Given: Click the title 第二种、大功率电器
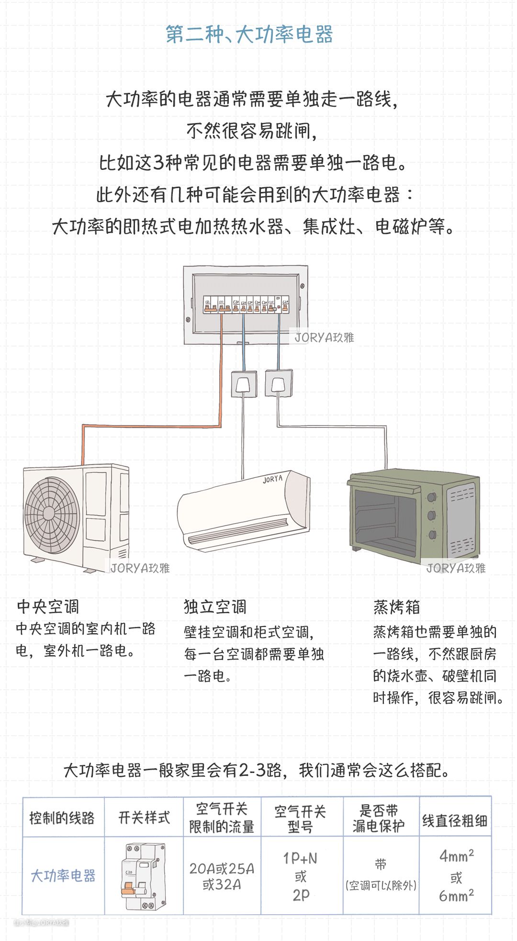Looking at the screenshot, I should click(249, 34).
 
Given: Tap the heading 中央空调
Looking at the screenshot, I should click(48, 606).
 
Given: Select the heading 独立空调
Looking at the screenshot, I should click(215, 606).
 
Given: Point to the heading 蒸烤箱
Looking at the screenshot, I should click(396, 607).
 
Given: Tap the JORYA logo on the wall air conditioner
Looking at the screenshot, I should click(272, 479).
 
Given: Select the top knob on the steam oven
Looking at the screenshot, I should click(432, 497).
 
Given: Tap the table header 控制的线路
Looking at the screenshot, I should click(62, 818).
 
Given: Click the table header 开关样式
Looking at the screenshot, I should click(144, 818).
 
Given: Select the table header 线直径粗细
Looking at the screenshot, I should click(455, 820).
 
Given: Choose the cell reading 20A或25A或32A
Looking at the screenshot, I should click(222, 876).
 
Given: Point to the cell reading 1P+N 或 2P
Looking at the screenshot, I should click(301, 876).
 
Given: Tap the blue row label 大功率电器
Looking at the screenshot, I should click(63, 876).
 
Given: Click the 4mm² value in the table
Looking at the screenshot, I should click(456, 856).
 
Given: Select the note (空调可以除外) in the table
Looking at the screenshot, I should click(381, 885).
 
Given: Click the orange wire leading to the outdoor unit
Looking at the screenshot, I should click(153, 426).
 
